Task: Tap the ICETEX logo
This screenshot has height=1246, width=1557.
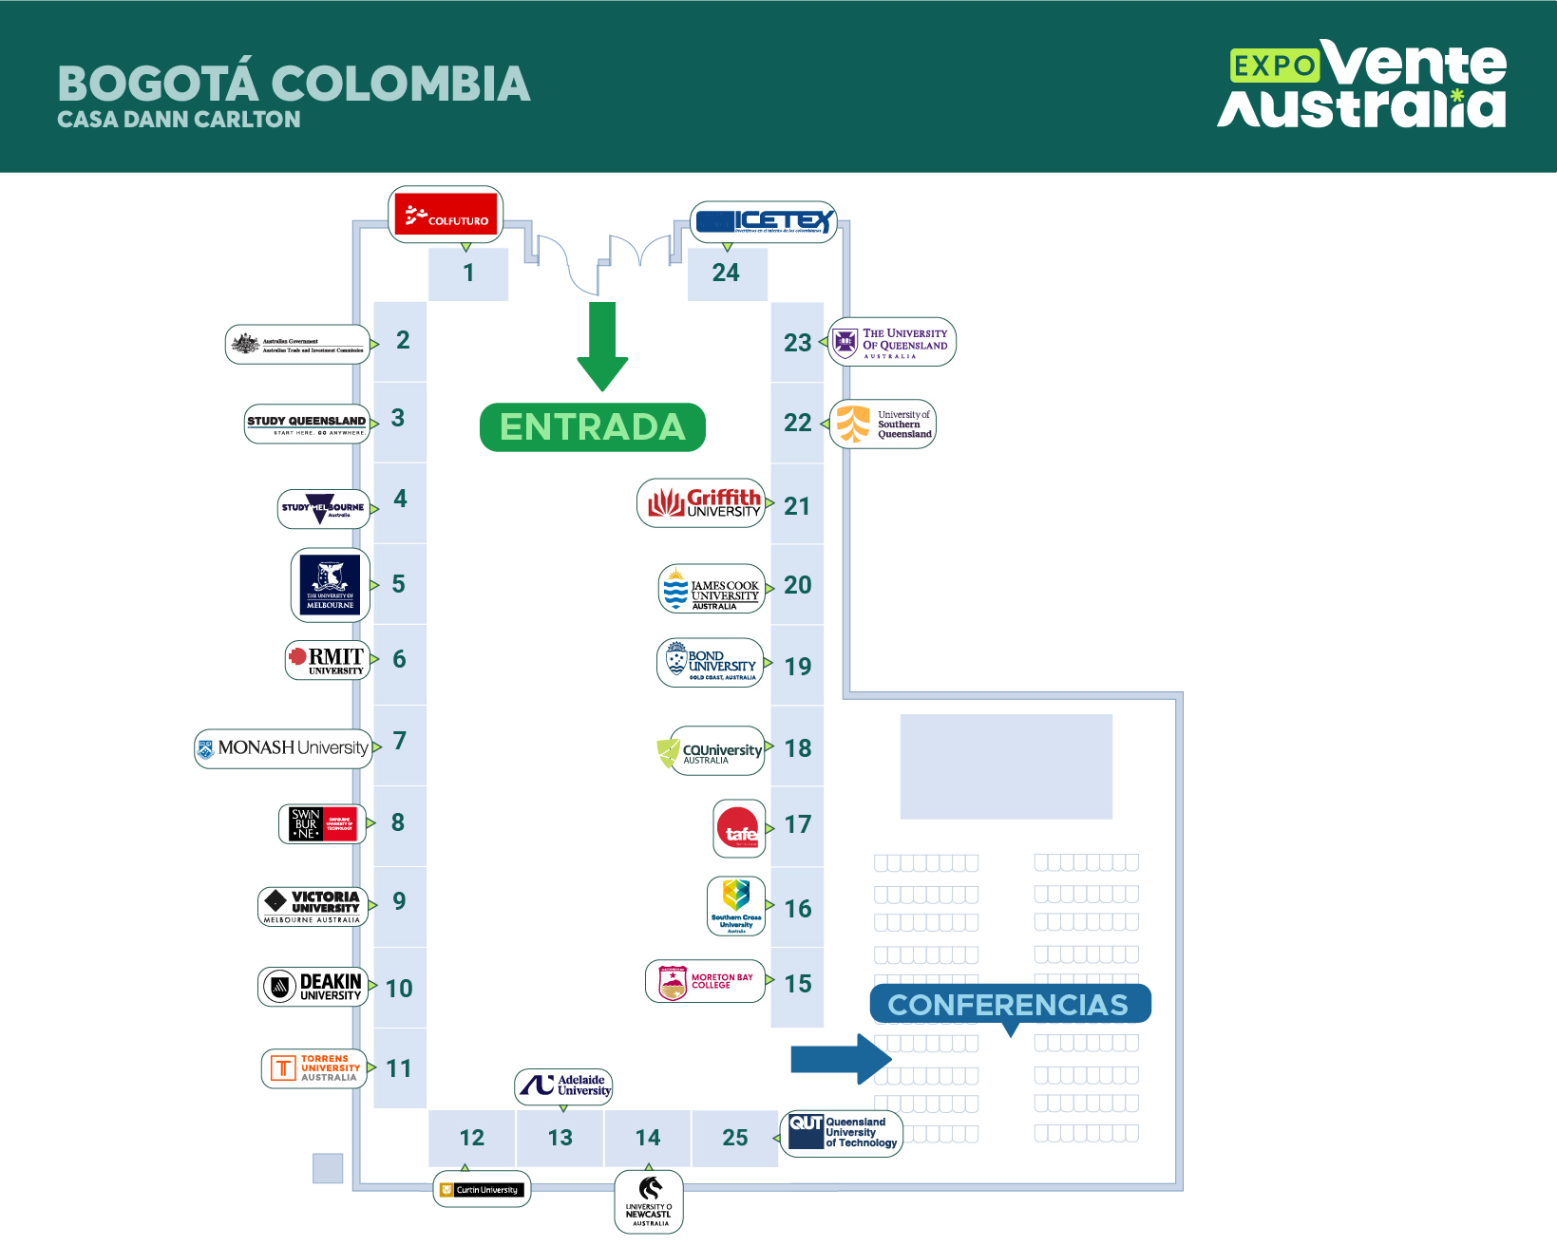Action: point(763,222)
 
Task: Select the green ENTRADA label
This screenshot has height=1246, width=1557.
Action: point(593,427)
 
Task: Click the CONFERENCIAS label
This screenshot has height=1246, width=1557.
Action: point(1009,1004)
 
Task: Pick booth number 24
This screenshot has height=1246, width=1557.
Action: point(727,274)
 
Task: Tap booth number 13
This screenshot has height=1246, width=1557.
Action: point(560,1138)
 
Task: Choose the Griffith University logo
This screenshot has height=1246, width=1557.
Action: point(701,503)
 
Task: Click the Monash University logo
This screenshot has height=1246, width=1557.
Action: point(283,748)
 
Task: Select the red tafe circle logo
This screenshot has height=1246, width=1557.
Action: point(739,829)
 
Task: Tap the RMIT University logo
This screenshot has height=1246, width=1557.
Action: point(327,660)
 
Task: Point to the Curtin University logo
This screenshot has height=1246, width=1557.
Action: point(482,1189)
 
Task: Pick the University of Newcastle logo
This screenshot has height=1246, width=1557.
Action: point(649,1201)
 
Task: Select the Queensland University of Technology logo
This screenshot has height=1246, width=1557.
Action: point(842,1132)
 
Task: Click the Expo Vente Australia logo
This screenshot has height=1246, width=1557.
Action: point(1363,85)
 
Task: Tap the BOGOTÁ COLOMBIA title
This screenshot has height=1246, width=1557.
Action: point(294,84)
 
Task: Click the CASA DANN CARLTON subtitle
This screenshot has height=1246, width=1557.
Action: point(179,120)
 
